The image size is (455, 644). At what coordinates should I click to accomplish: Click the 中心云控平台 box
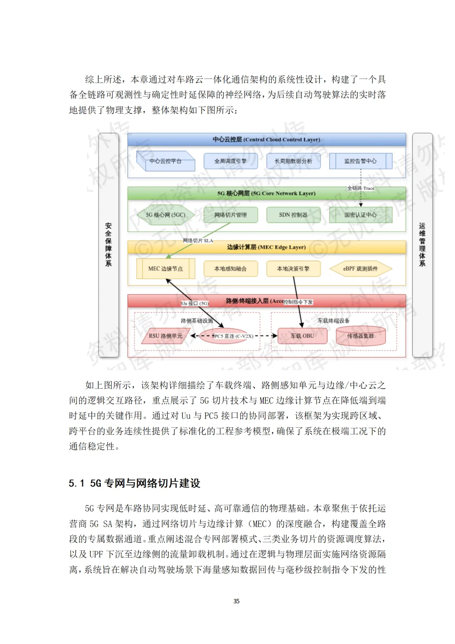166,161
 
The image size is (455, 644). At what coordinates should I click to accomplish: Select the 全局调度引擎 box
230,161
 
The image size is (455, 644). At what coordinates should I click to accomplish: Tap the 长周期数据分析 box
293,161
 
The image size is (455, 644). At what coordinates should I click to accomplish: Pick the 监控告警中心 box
360,161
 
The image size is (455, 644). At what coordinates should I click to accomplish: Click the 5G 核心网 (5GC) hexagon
166,215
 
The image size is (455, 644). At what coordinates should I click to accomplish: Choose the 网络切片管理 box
230,215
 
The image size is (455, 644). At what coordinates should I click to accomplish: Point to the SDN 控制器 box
293,215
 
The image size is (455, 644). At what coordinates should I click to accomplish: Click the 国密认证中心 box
360,215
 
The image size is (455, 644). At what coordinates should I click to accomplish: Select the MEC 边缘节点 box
166,268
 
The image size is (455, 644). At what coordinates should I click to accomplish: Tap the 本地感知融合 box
230,268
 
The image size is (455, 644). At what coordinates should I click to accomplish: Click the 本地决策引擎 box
293,268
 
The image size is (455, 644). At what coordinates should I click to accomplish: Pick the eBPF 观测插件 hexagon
360,268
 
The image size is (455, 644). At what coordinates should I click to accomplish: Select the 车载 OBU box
302,336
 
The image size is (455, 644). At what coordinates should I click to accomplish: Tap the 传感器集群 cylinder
360,336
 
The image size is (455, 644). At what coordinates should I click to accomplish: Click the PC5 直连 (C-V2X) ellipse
230,336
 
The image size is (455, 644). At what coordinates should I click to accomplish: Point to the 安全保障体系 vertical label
108,245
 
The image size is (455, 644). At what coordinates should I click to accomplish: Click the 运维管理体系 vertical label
422,245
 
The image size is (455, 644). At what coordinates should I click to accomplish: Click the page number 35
236,601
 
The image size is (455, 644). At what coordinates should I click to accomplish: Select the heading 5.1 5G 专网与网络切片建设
134,483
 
